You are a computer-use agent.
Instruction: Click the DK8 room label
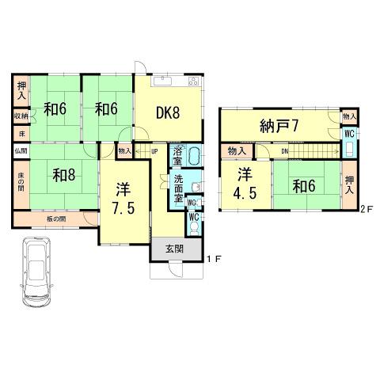coord(168,112)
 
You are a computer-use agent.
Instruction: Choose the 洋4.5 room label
coord(243,186)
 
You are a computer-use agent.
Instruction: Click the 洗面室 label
coord(181,185)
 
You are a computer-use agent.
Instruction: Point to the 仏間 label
coord(20,150)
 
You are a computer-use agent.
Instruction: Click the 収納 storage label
coord(21,116)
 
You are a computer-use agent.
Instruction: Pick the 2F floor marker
coord(365,209)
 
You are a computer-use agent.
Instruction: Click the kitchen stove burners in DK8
coord(193,82)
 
